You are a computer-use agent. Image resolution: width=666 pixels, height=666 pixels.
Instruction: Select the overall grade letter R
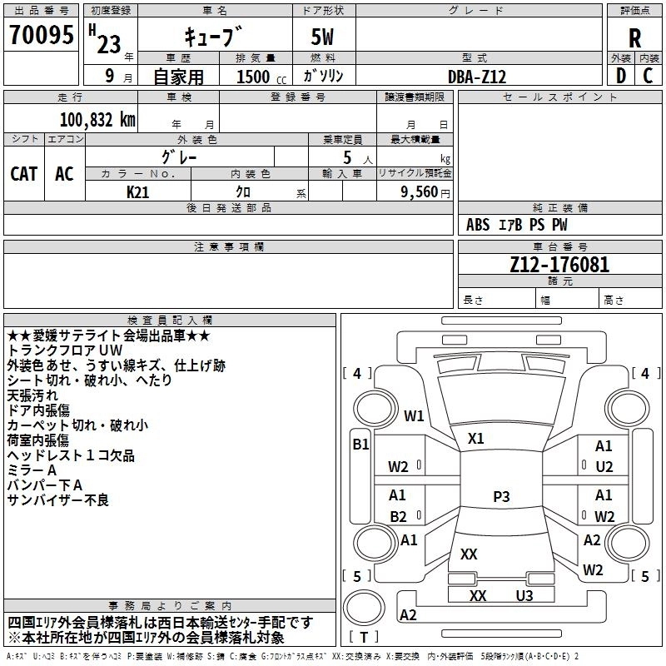pos(634,37)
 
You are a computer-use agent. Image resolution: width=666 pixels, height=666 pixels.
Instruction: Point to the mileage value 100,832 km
pos(97,120)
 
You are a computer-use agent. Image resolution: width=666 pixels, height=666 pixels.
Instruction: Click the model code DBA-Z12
pos(477,76)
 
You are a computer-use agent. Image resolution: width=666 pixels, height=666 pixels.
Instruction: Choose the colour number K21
pos(138,191)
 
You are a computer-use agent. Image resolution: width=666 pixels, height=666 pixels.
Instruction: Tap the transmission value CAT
pos(23,173)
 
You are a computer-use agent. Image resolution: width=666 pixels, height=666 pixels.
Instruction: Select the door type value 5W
pos(324,37)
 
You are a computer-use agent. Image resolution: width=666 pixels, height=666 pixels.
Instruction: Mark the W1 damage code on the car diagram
pos(414,415)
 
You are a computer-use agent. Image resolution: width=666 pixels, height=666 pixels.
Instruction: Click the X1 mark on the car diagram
pos(475,438)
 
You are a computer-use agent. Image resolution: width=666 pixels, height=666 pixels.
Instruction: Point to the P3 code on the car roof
pos(500,496)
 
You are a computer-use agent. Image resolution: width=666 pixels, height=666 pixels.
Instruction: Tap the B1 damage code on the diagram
pos(360,445)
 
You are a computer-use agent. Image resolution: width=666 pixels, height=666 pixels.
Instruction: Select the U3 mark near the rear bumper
pos(524,595)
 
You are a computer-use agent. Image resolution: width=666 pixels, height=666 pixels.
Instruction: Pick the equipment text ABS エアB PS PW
pos(517,225)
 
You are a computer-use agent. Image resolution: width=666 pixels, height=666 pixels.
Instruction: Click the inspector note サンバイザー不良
pos(57,500)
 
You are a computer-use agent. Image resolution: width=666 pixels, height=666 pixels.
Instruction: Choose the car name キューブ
pos(214,37)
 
